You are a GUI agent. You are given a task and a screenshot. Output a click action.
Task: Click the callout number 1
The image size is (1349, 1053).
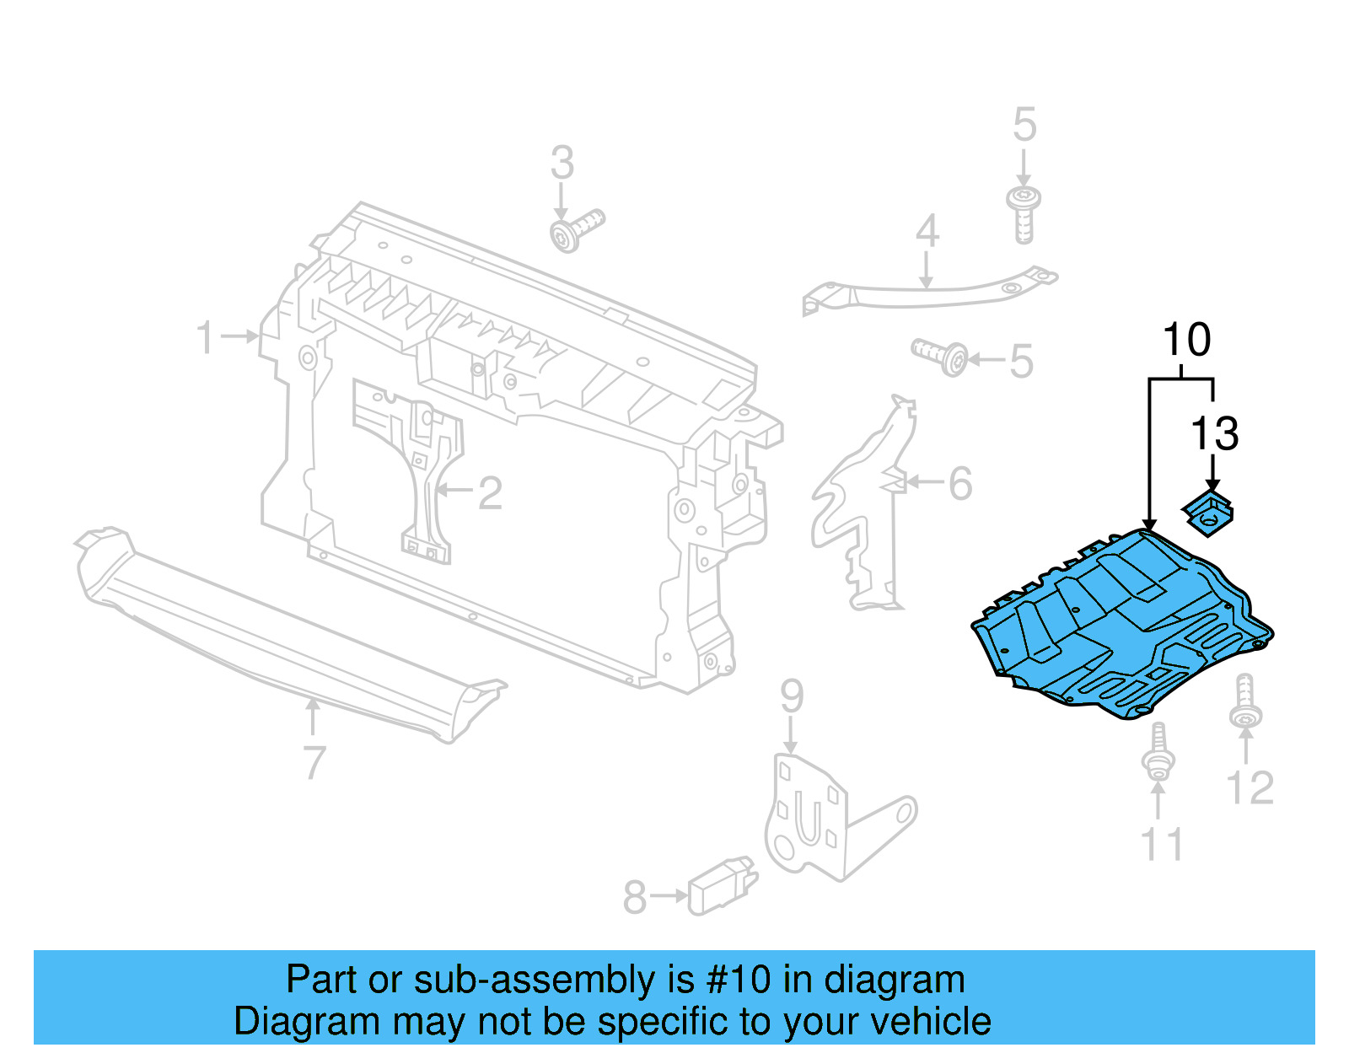point(205,337)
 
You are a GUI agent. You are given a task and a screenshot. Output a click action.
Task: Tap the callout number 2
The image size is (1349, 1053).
point(490,493)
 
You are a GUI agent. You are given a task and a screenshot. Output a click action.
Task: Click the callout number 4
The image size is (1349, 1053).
point(927,231)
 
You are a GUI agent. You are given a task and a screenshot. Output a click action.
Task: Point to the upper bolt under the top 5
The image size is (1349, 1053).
point(1024,213)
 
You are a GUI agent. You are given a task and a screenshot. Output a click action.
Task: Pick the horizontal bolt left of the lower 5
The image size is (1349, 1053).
point(939,356)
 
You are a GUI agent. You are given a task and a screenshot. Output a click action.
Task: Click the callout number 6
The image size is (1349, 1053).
point(960,484)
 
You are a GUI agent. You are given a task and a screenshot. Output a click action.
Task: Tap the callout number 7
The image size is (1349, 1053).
point(314,763)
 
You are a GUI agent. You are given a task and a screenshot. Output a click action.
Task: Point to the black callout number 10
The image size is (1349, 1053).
point(1186,341)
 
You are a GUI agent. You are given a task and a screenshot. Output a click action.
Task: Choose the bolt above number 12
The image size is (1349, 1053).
point(1245,701)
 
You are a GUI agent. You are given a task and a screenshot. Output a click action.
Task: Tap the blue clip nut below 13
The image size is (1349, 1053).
point(1210,513)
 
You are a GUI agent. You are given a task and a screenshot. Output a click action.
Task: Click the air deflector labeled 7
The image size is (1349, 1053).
point(287,632)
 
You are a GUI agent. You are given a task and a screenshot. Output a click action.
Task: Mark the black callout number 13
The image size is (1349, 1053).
point(1214,435)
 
